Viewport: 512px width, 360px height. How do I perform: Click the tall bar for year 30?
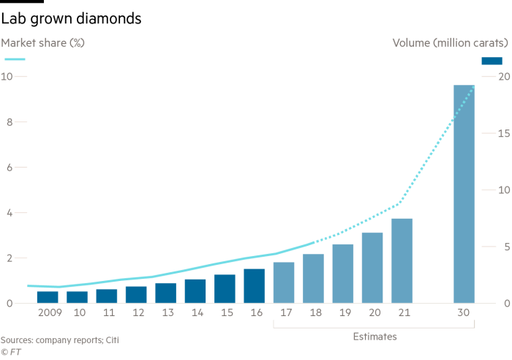click(x=464, y=194)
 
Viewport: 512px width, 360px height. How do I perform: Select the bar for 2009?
click(x=48, y=297)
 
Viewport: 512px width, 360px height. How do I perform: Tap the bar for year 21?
click(x=402, y=260)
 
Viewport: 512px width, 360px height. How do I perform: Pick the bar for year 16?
click(x=255, y=285)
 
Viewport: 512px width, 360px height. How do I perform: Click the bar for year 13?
click(x=166, y=293)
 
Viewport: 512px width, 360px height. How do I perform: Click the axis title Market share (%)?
click(x=42, y=42)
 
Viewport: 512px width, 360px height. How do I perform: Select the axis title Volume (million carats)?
click(x=451, y=42)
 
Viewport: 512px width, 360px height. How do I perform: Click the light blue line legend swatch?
click(x=15, y=59)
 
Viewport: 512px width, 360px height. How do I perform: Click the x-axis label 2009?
click(x=50, y=312)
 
